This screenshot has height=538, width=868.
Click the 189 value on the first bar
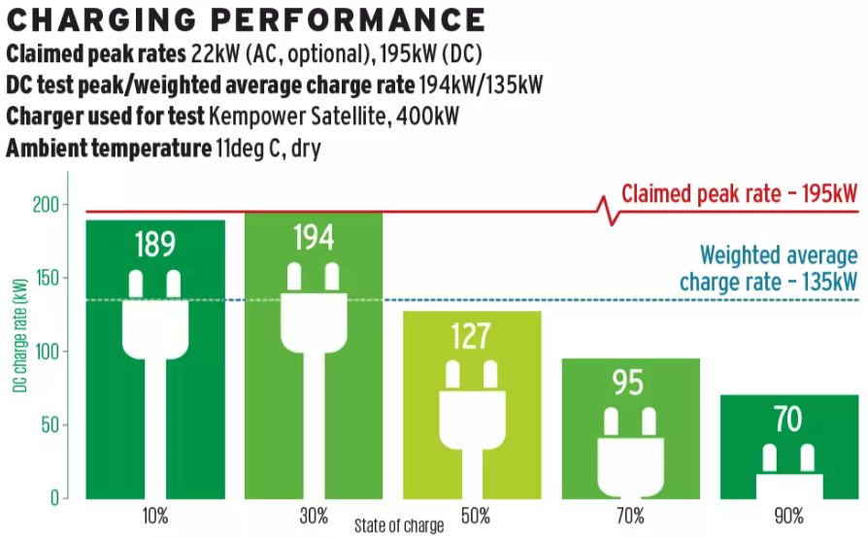coord(154,245)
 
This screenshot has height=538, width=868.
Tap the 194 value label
coord(313,238)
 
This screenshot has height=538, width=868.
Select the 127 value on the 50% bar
coord(472,336)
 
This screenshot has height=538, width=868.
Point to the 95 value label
coord(628,383)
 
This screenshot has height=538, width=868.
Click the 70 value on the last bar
coord(787,420)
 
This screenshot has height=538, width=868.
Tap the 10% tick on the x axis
coord(155,516)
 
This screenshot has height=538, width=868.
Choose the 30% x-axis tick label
coord(314,516)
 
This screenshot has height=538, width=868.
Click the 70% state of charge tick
coord(630,516)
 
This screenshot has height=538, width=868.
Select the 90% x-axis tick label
coord(788,516)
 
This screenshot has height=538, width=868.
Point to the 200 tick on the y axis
coord(45,205)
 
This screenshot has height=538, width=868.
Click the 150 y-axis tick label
coord(45,279)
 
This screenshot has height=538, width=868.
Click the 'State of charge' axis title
coord(398,525)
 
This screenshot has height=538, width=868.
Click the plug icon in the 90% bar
coord(788,471)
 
